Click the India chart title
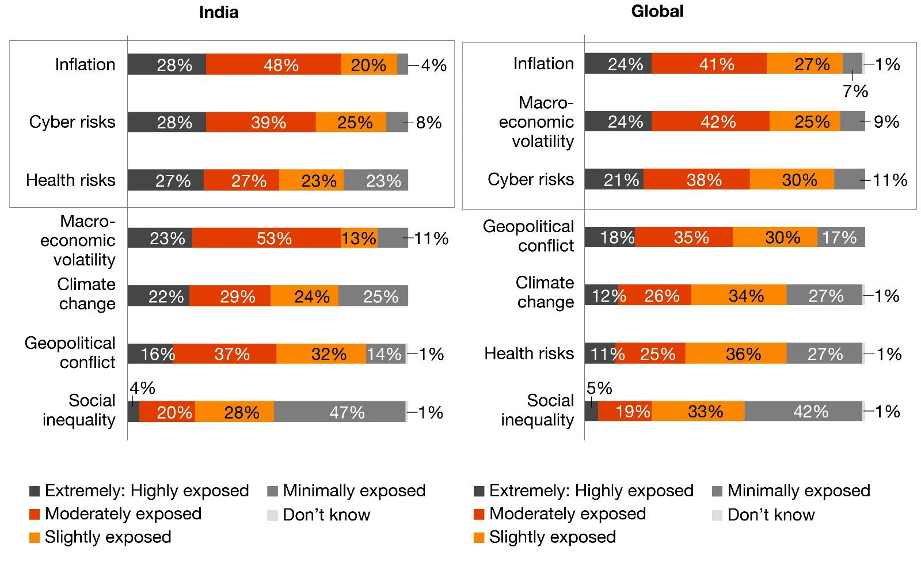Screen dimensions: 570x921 click(x=219, y=12)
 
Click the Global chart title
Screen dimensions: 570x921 click(x=657, y=11)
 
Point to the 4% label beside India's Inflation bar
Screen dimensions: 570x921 click(x=433, y=65)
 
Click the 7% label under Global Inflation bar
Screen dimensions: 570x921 click(x=855, y=91)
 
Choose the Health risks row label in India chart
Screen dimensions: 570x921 click(x=71, y=180)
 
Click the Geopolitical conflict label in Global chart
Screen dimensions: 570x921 click(x=528, y=235)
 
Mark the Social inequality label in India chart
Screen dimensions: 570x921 click(x=79, y=409)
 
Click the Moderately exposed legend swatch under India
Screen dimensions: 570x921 click(x=35, y=514)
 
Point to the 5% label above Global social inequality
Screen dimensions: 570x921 click(x=599, y=388)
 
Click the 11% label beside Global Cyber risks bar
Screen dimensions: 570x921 click(x=890, y=180)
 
